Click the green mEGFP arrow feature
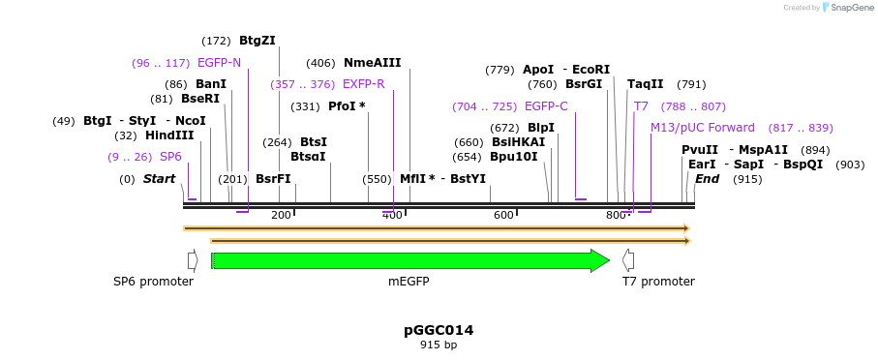(407, 260)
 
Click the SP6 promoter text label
(153, 282)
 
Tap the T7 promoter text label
(658, 282)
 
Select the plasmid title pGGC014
(439, 330)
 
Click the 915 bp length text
(439, 345)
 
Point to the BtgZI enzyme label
(257, 41)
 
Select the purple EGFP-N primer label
(219, 63)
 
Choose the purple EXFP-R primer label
(363, 84)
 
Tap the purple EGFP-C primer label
(546, 106)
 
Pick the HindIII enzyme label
(169, 135)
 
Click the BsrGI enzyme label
(584, 84)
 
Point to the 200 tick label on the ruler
(282, 215)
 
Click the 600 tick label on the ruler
(503, 215)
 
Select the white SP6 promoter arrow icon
(193, 260)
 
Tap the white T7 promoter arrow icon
(628, 260)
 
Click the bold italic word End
(707, 179)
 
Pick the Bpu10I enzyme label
(513, 157)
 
